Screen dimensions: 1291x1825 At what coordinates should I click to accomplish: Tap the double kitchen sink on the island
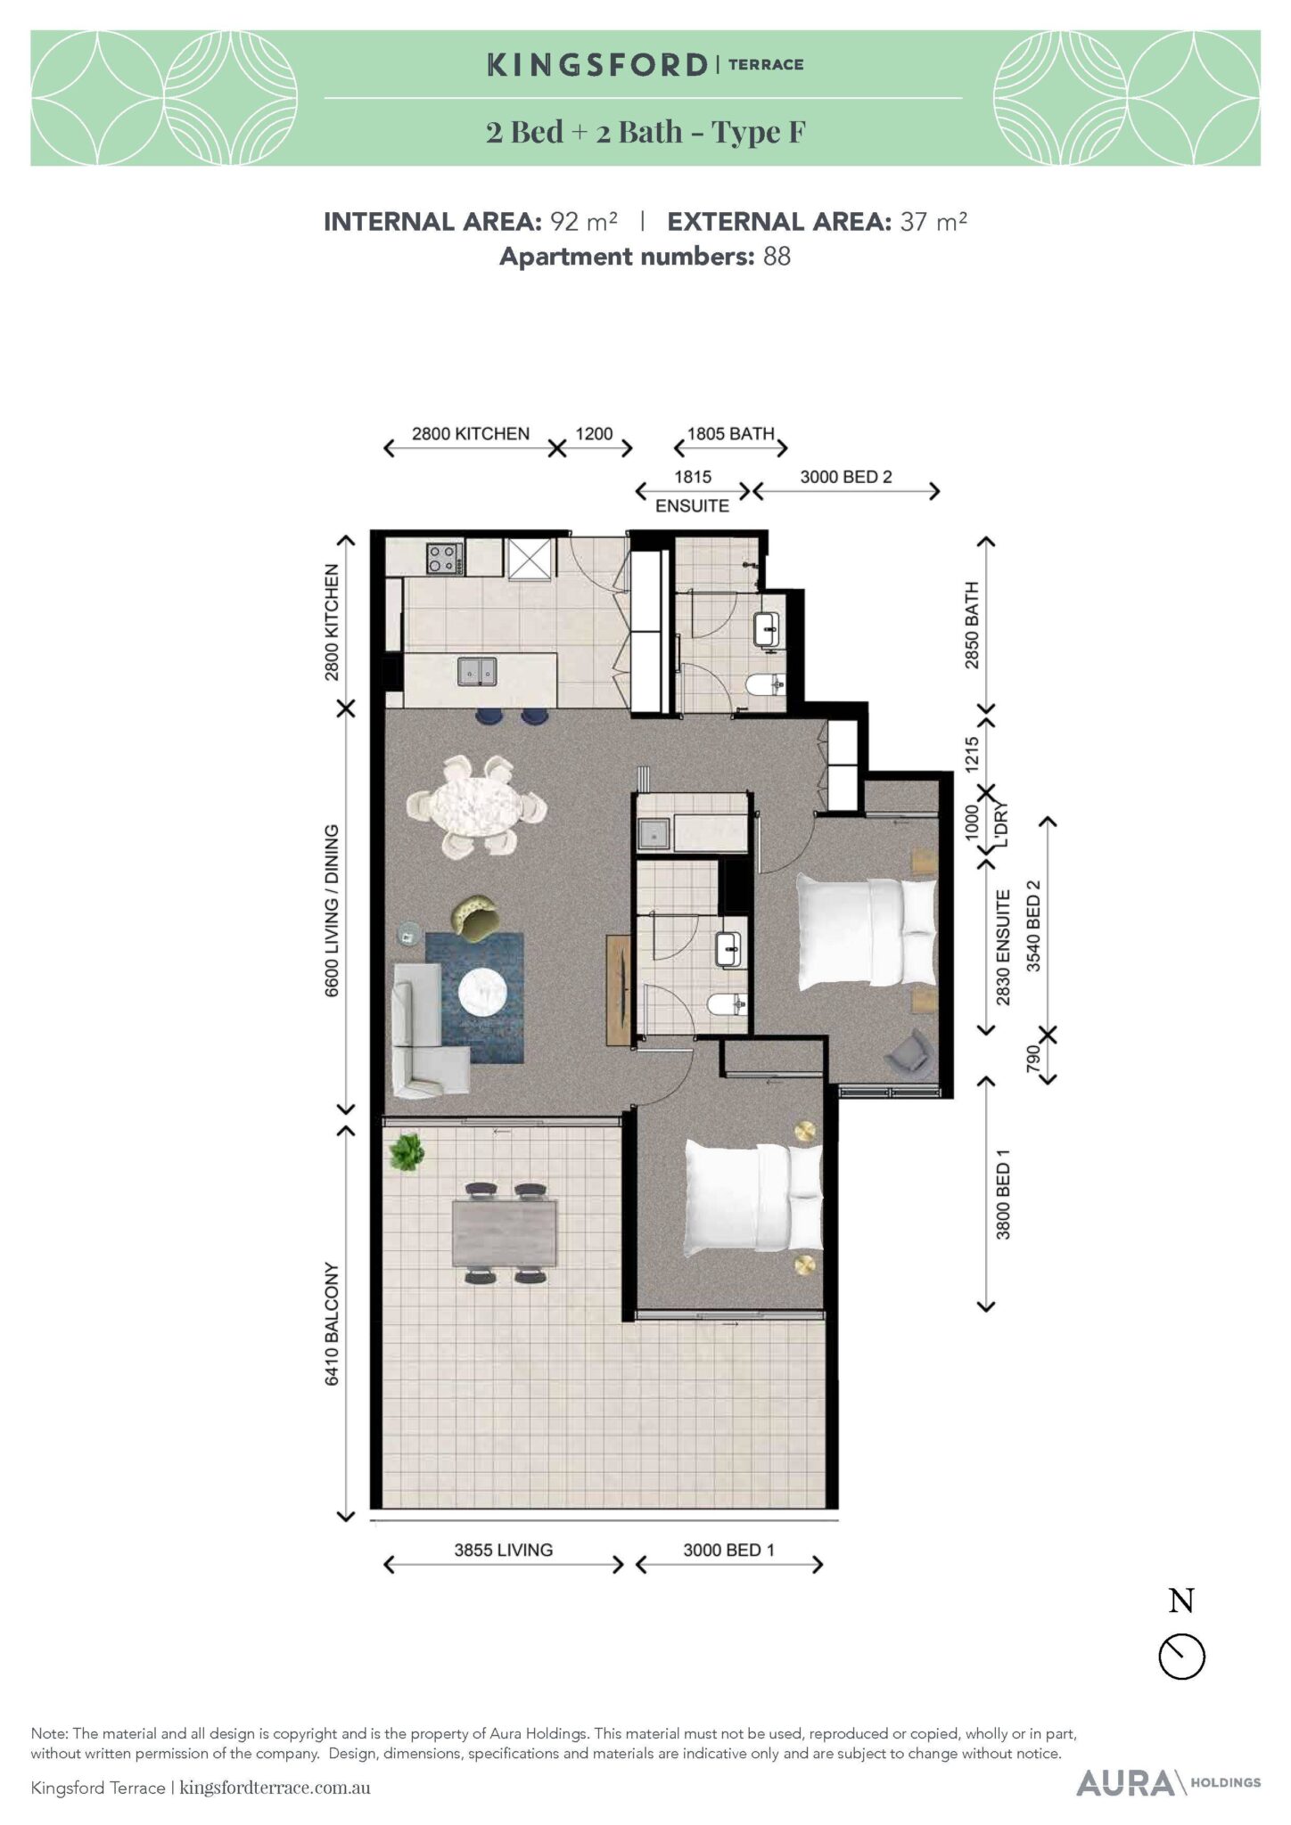pos(477,671)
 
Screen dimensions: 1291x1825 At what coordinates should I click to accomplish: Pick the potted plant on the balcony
pos(407,1152)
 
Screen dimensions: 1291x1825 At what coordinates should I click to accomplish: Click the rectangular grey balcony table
pos(504,1233)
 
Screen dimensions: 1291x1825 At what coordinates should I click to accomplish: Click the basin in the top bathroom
pos(767,630)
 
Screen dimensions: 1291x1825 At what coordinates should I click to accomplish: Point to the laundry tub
pos(655,834)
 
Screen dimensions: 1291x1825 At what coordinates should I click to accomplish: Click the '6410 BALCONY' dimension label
pos(332,1323)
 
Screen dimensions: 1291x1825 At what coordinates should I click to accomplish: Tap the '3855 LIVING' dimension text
pos(504,1550)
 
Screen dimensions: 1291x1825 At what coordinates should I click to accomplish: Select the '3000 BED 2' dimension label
pos(846,477)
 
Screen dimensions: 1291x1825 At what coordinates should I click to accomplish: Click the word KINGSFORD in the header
pos(597,64)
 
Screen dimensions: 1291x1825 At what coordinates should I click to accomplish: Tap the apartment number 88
pos(777,257)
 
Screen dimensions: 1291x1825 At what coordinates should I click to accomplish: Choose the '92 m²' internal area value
pos(584,221)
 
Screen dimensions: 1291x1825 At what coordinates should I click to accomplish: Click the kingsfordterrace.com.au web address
pos(275,1788)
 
